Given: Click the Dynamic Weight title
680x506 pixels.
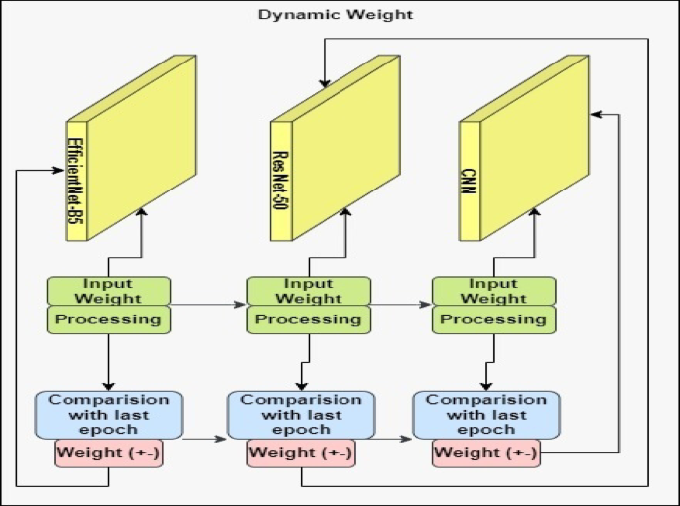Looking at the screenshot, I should tap(336, 15).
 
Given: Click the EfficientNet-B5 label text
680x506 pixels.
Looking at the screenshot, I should tap(73, 181).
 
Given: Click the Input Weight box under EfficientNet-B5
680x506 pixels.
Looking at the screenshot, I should tap(108, 291).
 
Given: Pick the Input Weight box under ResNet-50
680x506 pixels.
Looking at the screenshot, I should tap(309, 291).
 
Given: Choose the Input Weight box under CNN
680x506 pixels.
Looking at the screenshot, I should tap(493, 291).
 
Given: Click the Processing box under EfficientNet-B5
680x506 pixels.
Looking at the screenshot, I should tap(108, 319).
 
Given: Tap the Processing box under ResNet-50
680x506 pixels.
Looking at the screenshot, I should tap(309, 319).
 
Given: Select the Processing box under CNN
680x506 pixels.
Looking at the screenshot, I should tap(493, 319).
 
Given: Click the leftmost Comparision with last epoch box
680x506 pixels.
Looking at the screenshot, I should tap(108, 414).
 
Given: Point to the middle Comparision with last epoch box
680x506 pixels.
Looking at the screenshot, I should tap(302, 415).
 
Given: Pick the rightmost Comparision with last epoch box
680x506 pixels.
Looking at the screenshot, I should tap(486, 414).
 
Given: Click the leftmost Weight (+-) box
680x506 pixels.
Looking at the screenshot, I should tap(108, 453).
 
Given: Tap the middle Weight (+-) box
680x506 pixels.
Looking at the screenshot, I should tap(302, 454).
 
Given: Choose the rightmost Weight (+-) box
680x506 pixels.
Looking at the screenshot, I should tap(486, 453).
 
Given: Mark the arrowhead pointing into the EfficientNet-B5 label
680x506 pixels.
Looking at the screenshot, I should tap(59, 169).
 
